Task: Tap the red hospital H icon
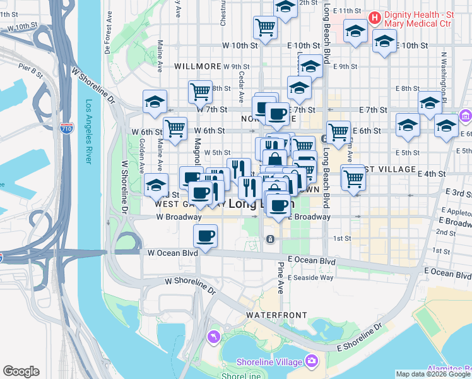tap(374, 16)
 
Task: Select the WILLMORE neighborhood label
tap(198, 66)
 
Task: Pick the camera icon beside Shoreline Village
tap(310, 361)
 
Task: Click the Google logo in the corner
tap(21, 371)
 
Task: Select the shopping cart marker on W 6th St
tap(175, 128)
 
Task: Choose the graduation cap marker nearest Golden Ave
tap(155, 185)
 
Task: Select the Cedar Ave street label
tap(242, 87)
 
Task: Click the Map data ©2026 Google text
tap(434, 374)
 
